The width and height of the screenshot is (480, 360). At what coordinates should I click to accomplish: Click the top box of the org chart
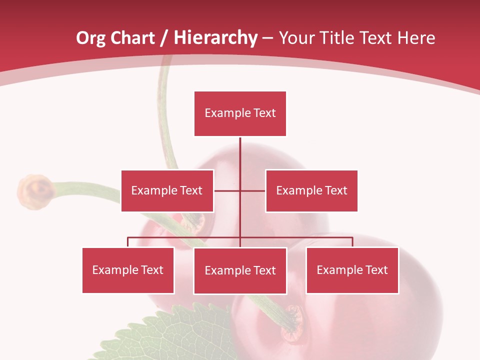coord(240,113)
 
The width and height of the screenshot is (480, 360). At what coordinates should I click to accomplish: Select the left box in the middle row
coord(167,190)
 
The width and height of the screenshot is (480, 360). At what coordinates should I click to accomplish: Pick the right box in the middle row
coord(311,190)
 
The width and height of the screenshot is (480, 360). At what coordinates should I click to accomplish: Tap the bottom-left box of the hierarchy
coord(128,270)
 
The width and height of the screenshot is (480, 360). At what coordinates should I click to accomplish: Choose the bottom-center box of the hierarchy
coord(240,270)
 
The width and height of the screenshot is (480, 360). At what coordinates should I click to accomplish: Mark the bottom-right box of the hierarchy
coord(352,270)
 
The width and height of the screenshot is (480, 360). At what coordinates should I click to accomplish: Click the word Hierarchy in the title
coord(216,38)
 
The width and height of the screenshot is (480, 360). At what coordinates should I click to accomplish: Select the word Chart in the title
coord(133,38)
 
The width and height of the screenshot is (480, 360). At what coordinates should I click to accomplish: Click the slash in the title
coord(163,38)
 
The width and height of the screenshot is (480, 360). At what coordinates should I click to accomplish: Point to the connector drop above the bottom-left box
coord(128,242)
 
